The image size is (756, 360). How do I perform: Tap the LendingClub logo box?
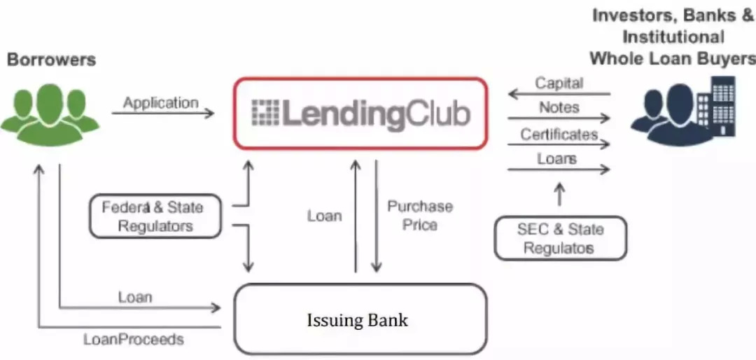360,113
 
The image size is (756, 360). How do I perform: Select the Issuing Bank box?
360,319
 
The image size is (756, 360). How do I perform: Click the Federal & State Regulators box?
155,216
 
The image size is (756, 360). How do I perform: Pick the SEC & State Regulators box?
560,238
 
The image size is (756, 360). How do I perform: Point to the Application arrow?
162,112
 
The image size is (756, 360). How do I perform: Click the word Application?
161,102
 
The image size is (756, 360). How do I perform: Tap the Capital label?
559,83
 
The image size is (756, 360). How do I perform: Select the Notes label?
559,107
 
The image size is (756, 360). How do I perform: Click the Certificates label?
559,133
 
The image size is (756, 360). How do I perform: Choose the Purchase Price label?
420,215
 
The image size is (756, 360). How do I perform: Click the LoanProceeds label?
134,340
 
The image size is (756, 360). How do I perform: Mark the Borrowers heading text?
51,60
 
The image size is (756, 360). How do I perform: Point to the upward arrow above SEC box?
559,195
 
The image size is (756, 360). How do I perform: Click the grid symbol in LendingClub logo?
265,113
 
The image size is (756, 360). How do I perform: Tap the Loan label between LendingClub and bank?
324,215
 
